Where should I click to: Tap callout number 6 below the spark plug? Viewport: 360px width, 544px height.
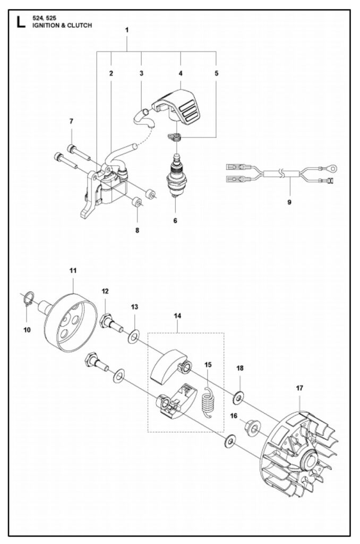(175, 220)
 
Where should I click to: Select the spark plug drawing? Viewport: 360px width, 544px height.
(175, 174)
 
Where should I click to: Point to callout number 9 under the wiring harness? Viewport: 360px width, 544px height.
(289, 202)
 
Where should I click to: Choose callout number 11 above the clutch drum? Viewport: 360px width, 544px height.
(73, 270)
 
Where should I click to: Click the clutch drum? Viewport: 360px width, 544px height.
(72, 324)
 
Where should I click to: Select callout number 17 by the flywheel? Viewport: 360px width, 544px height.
(299, 388)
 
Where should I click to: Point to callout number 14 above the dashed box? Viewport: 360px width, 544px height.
(177, 316)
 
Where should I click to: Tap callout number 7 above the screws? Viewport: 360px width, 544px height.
(71, 122)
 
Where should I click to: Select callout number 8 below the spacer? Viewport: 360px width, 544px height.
(137, 231)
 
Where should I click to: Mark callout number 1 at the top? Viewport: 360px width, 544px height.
(127, 30)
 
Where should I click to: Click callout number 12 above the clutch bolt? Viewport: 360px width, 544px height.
(105, 291)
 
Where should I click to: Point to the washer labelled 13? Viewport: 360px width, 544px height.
(134, 336)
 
